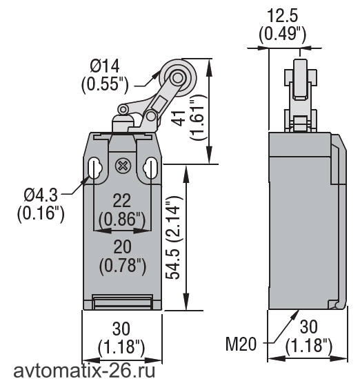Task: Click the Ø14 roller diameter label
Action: tap(105, 66)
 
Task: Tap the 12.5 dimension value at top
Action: tap(282, 16)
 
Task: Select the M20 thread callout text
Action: tap(241, 344)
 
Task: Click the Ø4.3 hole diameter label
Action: tap(41, 195)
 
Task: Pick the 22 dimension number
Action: tap(122, 200)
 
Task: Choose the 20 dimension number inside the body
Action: tap(123, 246)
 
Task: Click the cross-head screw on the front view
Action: tap(123, 166)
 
